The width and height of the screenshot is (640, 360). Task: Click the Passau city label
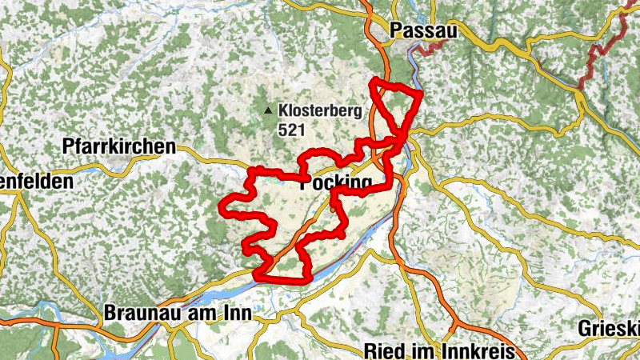click(424, 30)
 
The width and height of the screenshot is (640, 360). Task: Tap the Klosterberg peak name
click(320, 110)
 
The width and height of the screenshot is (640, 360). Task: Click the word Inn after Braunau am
click(236, 314)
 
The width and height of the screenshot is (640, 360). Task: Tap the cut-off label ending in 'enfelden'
click(37, 181)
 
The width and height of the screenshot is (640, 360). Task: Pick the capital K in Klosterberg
click(284, 110)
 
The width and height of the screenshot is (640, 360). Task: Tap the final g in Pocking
click(366, 186)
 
